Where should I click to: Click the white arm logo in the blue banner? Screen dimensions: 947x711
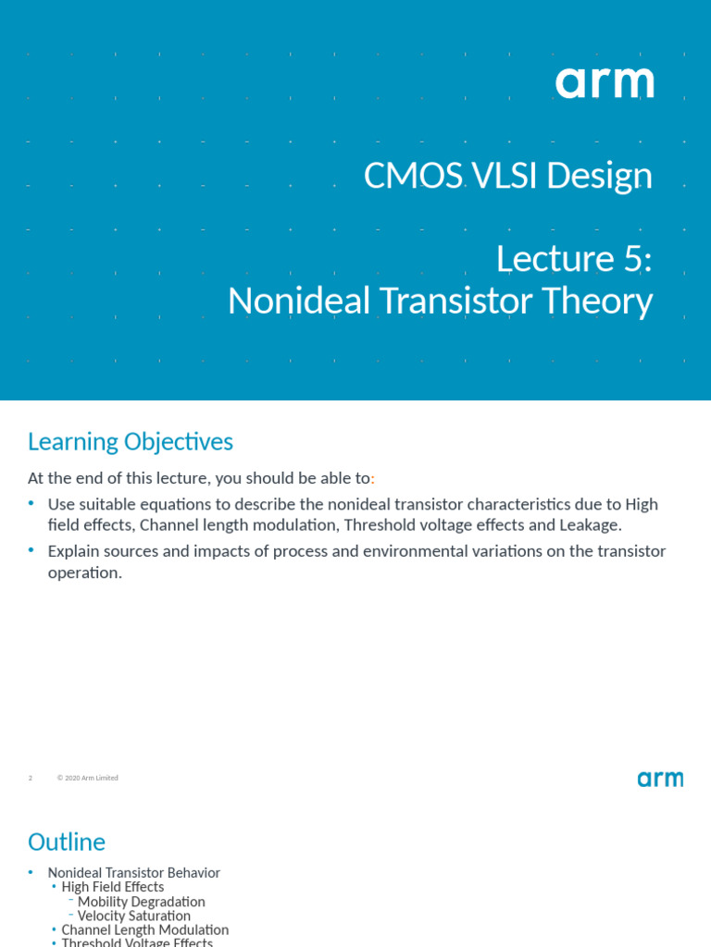605,83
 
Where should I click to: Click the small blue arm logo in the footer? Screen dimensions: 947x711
659,779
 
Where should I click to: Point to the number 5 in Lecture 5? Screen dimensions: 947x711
633,259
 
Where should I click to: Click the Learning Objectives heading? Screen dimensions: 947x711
131,442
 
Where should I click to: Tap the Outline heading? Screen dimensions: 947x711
67,842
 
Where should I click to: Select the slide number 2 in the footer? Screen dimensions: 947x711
31,779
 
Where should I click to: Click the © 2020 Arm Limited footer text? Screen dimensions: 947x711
88,779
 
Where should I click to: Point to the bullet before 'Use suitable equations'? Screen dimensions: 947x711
31,503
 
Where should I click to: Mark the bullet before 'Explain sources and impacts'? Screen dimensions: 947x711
31,550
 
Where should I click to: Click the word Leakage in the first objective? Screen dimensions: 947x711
590,525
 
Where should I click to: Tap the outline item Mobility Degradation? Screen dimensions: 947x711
142,902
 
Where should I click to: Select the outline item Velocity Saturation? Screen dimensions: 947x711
134,916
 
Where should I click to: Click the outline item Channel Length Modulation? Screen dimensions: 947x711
145,930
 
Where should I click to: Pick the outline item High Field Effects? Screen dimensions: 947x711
113,887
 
